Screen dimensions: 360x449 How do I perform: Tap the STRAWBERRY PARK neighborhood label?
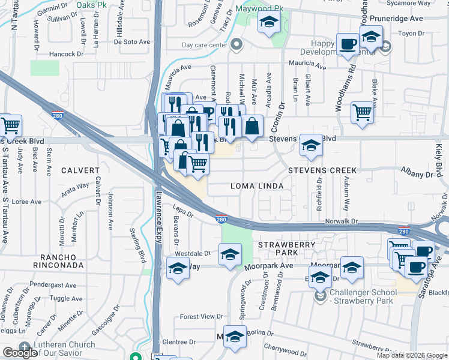(x=287, y=250)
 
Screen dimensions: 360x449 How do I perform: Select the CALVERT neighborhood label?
(x=79, y=170)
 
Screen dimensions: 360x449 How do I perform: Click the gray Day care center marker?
(x=237, y=45)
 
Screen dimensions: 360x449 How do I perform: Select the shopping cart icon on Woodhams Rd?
(x=362, y=112)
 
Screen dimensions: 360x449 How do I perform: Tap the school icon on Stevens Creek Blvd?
(x=310, y=145)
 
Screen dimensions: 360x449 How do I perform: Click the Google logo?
(x=20, y=353)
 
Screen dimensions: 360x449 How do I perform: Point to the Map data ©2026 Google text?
(x=412, y=355)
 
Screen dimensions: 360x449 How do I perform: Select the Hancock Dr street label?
(x=66, y=54)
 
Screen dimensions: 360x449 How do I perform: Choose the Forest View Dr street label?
(x=201, y=316)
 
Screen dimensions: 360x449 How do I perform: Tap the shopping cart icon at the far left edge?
(x=10, y=125)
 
